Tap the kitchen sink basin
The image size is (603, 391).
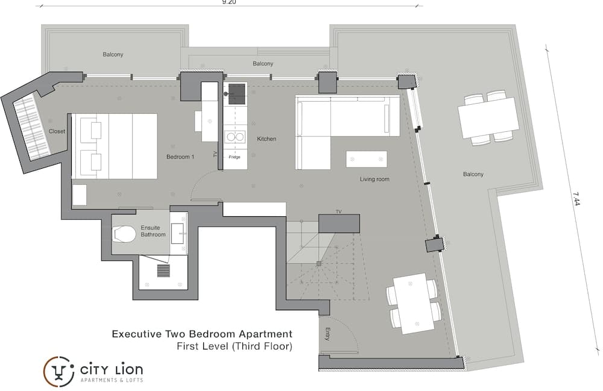tap(237, 94)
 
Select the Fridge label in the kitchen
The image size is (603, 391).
tap(235, 157)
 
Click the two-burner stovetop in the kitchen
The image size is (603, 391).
tap(235, 137)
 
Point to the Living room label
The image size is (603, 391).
tap(374, 179)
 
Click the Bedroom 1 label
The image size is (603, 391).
tap(180, 157)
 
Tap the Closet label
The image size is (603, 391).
tap(57, 131)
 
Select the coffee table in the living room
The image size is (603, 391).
tap(367, 159)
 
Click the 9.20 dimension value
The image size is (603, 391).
tap(229, 2)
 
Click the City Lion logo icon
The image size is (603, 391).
tap(58, 371)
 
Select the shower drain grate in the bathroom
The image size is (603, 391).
tap(163, 271)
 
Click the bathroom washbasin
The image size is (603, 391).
tap(178, 233)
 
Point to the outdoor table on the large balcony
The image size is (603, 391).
tap(488, 118)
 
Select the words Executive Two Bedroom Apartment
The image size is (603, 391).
tap(202, 334)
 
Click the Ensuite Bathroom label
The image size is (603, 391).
tap(153, 231)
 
